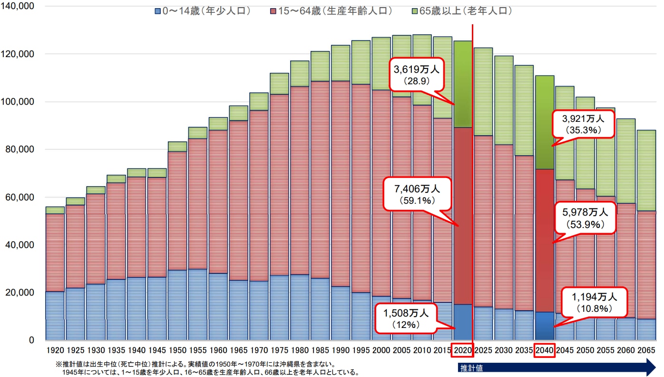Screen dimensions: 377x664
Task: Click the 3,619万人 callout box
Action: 416,73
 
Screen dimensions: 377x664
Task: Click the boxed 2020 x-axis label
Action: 463,350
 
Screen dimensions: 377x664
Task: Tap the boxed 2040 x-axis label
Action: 544,350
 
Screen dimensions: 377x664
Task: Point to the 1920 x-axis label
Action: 55,350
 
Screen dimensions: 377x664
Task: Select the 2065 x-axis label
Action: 646,350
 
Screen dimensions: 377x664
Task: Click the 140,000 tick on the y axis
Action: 18,7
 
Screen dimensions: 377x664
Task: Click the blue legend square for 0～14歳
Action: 158,10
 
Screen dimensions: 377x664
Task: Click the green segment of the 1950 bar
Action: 177,147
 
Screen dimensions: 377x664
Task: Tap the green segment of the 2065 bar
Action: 646,170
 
